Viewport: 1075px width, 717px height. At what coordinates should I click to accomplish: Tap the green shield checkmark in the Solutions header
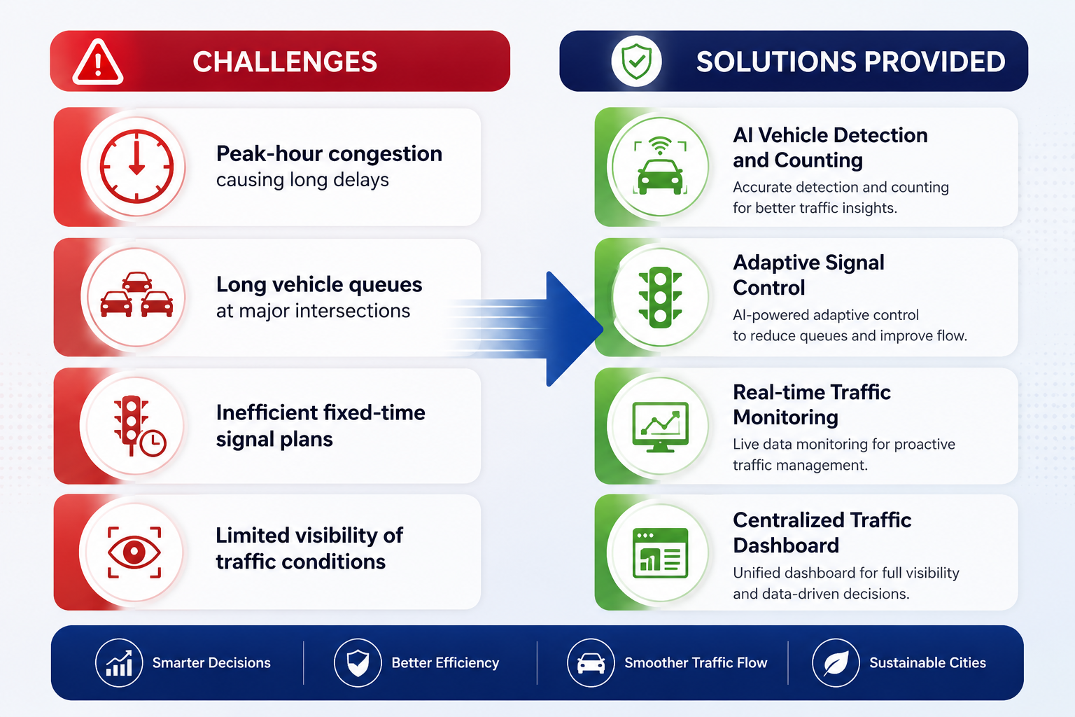[636, 61]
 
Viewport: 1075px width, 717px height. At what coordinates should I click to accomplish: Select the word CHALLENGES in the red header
[285, 62]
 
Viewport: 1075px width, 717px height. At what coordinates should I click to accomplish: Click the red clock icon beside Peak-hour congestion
[136, 166]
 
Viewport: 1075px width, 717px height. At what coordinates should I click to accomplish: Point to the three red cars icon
[136, 295]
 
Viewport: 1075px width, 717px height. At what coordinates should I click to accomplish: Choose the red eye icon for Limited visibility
[134, 552]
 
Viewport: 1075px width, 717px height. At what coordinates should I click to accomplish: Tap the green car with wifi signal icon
[661, 166]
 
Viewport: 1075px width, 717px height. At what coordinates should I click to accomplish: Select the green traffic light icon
[661, 298]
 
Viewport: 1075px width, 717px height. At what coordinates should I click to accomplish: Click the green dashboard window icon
[661, 552]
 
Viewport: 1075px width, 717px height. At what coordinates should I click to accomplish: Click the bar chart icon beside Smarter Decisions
[119, 663]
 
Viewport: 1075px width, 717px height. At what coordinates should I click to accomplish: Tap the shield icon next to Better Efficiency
[358, 663]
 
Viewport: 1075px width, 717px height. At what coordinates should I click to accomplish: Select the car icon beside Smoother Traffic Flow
[591, 663]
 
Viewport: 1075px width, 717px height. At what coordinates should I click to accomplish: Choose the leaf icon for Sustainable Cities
[836, 663]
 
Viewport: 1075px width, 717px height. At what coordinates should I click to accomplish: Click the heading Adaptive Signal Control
[808, 275]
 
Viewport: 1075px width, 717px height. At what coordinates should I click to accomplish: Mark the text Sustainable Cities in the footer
[927, 662]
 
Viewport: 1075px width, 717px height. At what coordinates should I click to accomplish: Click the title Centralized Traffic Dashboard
[822, 533]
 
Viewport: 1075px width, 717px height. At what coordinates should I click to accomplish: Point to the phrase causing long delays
[302, 180]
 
